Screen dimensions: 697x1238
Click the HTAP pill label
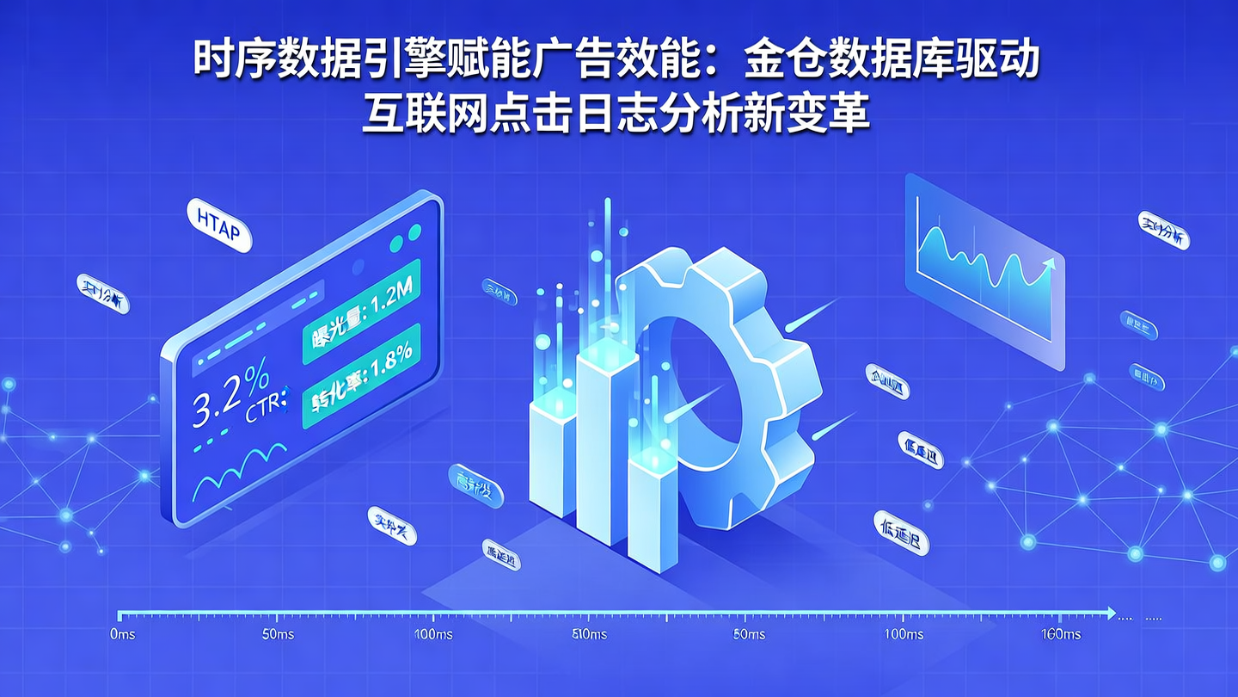218,225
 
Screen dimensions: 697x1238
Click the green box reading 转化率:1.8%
361,375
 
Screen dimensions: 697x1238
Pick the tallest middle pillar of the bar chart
606,439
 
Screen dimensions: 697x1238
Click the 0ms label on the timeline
123,635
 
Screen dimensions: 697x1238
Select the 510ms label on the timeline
589,635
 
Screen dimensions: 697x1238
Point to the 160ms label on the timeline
1060,635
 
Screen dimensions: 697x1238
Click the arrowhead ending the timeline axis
1111,614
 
